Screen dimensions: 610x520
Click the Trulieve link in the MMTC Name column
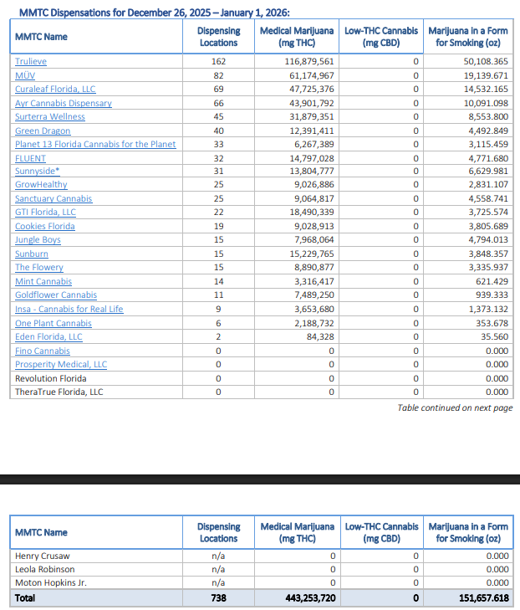pyautogui.click(x=31, y=61)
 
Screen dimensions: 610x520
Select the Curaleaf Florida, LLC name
pyautogui.click(x=55, y=89)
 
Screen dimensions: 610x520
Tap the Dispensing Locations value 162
pyautogui.click(x=218, y=61)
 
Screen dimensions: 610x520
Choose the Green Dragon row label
pyautogui.click(x=43, y=131)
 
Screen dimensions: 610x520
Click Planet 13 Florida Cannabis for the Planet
pyautogui.click(x=95, y=144)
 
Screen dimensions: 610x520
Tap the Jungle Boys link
pyautogui.click(x=38, y=240)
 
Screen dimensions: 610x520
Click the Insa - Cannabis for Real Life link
pyautogui.click(x=69, y=309)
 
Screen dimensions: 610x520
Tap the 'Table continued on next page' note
pyautogui.click(x=455, y=408)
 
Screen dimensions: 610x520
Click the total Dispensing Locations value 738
pyautogui.click(x=218, y=598)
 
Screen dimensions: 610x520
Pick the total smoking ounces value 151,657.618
pyautogui.click(x=479, y=598)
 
